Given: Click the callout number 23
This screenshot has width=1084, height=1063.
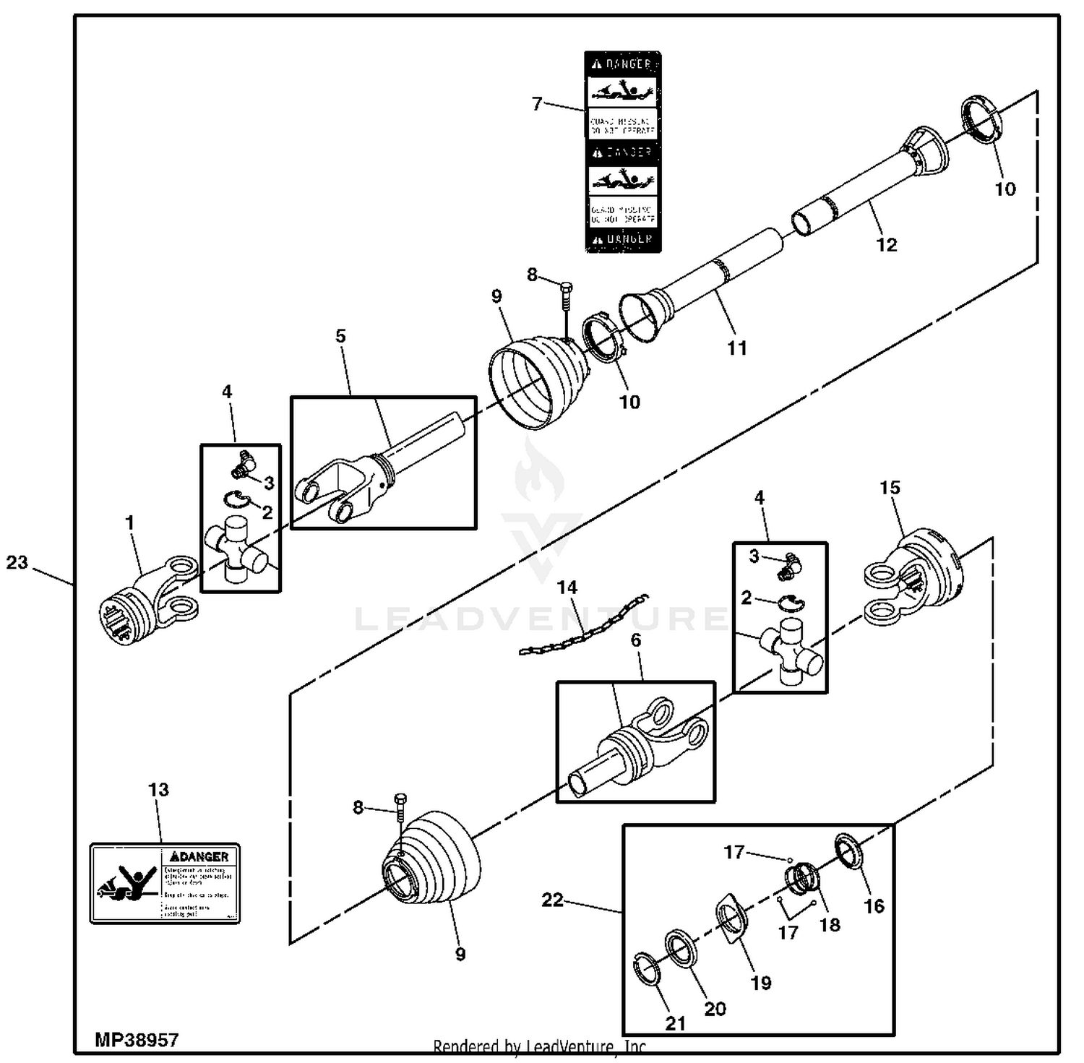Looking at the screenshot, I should [x=17, y=562].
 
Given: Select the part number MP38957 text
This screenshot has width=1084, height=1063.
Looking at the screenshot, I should [x=137, y=1040].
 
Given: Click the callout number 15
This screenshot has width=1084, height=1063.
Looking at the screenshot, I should [x=890, y=488].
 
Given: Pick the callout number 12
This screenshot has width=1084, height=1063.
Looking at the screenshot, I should [x=886, y=245].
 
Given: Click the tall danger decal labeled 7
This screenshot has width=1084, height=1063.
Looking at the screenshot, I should [x=622, y=152].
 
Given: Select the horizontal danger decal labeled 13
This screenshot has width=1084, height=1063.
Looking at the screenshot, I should [x=165, y=883].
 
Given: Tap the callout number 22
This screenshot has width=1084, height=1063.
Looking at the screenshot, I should [x=552, y=900].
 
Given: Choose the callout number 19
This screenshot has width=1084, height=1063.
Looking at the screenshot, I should [x=761, y=983].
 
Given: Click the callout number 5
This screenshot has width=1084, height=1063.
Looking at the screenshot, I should [x=340, y=336].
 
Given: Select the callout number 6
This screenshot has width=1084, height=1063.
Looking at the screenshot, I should [x=636, y=640].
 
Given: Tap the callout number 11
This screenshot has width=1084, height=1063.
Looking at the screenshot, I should [x=736, y=348].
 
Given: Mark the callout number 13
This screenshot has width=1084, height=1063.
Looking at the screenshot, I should [x=158, y=790].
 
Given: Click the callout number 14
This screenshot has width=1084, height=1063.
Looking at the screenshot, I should [x=567, y=588].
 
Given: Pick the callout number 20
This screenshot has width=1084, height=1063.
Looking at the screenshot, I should [x=715, y=1009].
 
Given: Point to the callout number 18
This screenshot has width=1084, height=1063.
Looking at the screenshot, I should [x=830, y=925].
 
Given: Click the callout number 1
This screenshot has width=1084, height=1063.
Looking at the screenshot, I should [x=130, y=522].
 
